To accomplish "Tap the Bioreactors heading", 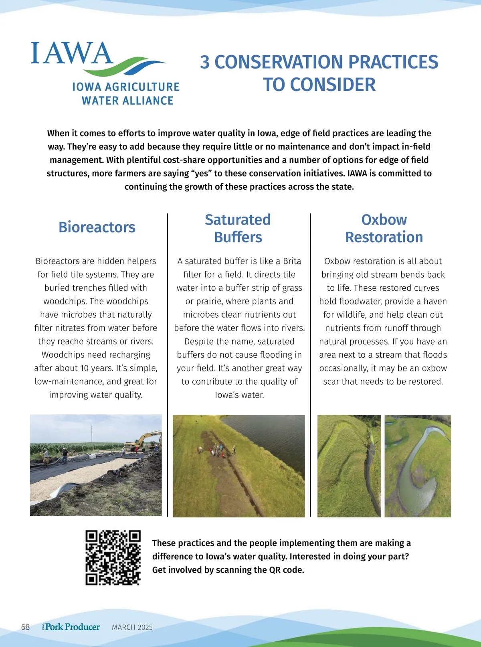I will (x=97, y=227).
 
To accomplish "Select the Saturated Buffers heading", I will (x=238, y=228).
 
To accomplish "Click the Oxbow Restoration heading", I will (x=384, y=228).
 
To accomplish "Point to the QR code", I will (x=113, y=558).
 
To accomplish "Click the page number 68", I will (x=25, y=627).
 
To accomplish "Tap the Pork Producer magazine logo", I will (x=71, y=627).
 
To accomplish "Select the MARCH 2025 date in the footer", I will (x=132, y=627).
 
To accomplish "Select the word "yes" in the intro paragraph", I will (x=202, y=173).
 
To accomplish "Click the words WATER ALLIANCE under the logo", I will (x=127, y=101).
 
